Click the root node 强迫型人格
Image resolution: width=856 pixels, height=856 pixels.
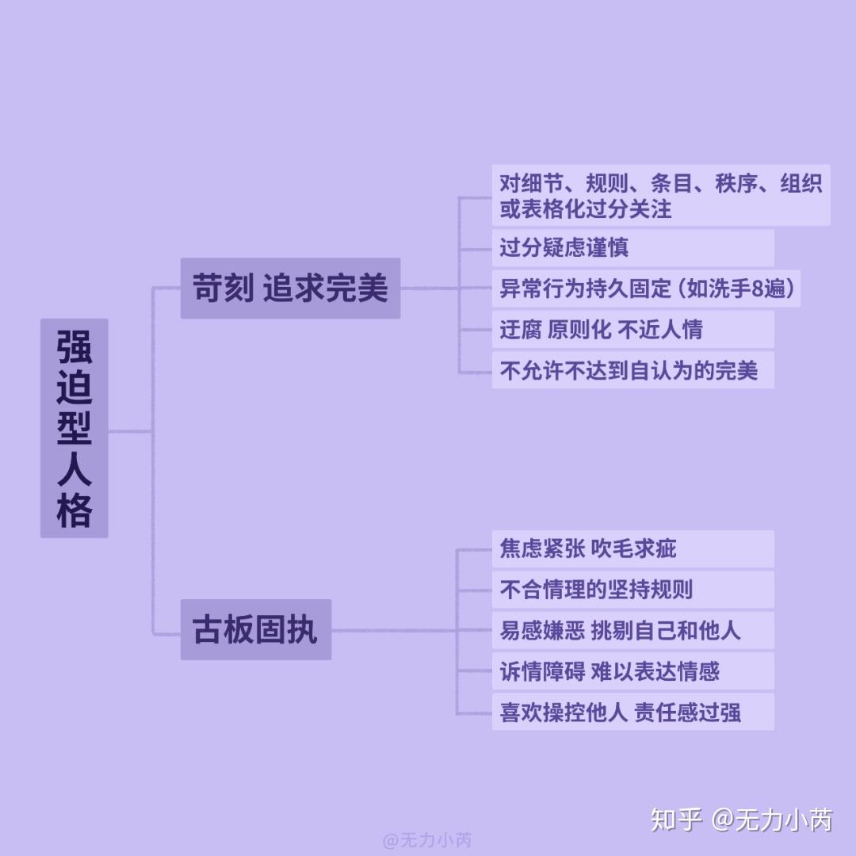[75, 428]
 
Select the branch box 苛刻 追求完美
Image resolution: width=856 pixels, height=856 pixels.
[290, 289]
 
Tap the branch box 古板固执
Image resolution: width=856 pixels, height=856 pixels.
[255, 630]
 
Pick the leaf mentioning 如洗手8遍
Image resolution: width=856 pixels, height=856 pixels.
[646, 289]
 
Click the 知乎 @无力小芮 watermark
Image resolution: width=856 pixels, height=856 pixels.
[742, 820]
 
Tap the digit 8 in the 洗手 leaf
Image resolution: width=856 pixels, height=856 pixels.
[757, 289]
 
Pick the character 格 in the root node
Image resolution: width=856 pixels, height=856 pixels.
[75, 511]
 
